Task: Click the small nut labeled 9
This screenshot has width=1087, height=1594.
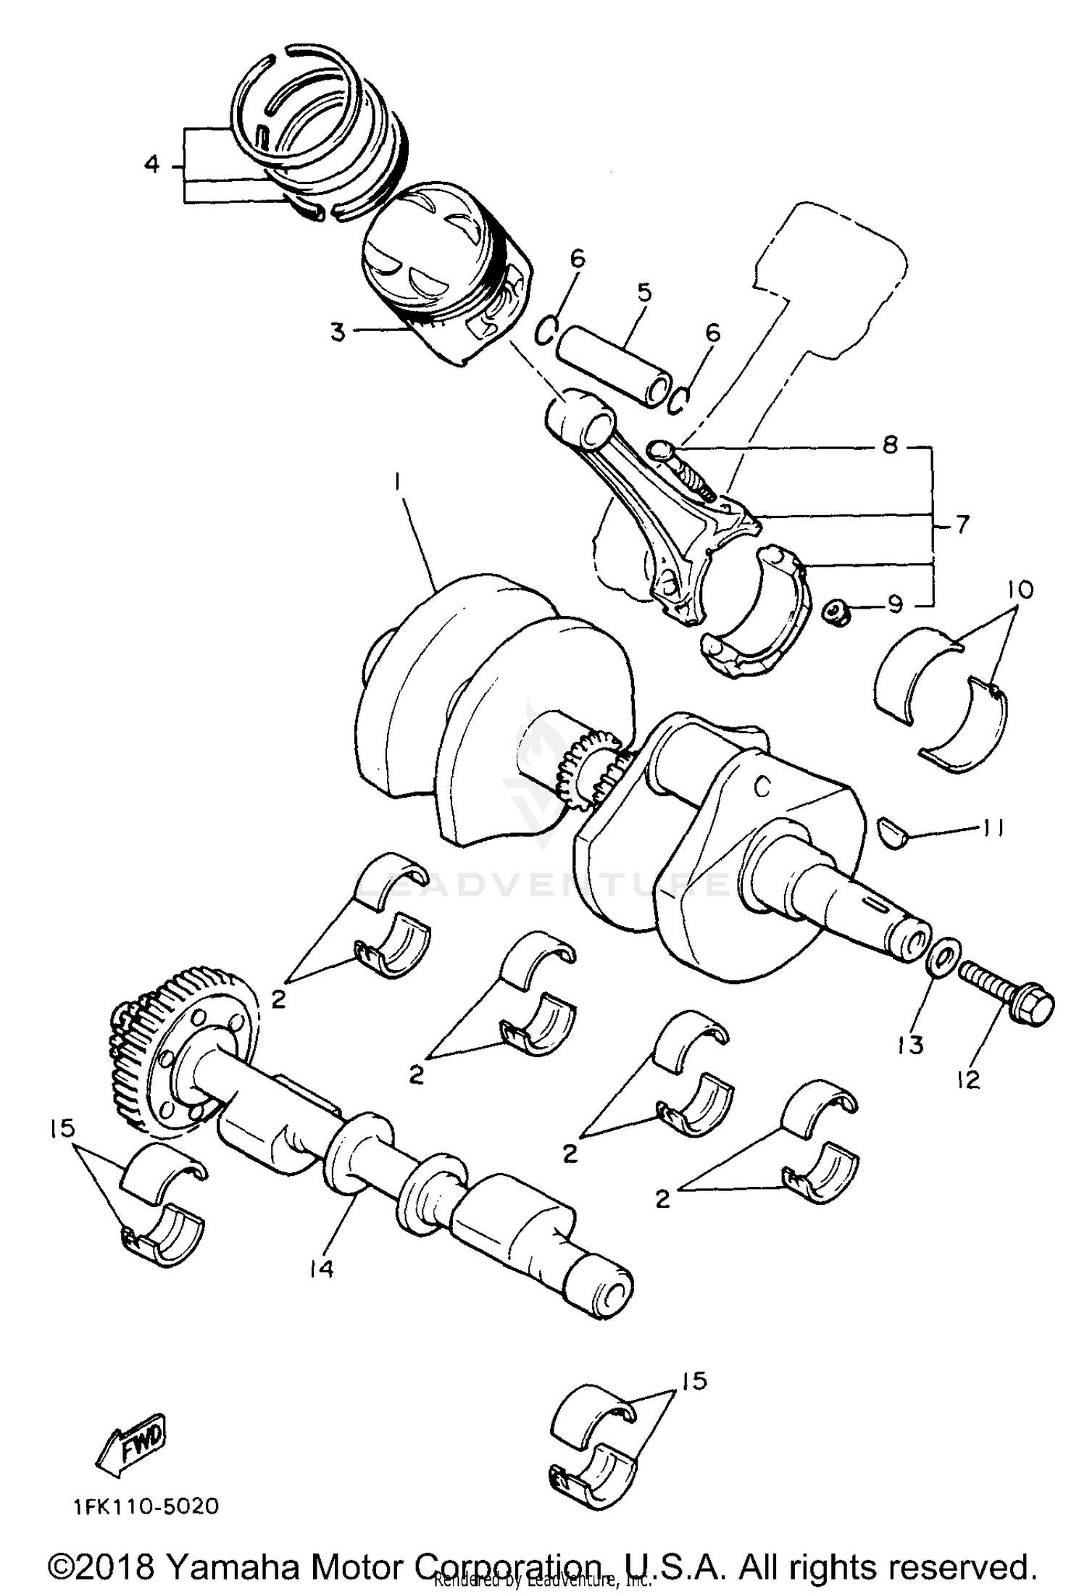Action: [836, 612]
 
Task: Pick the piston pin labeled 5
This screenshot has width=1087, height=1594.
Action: [616, 367]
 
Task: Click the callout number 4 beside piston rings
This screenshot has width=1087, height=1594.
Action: [151, 165]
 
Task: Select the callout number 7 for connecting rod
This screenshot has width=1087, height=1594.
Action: [962, 524]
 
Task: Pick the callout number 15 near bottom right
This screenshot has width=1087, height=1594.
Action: [694, 1381]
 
